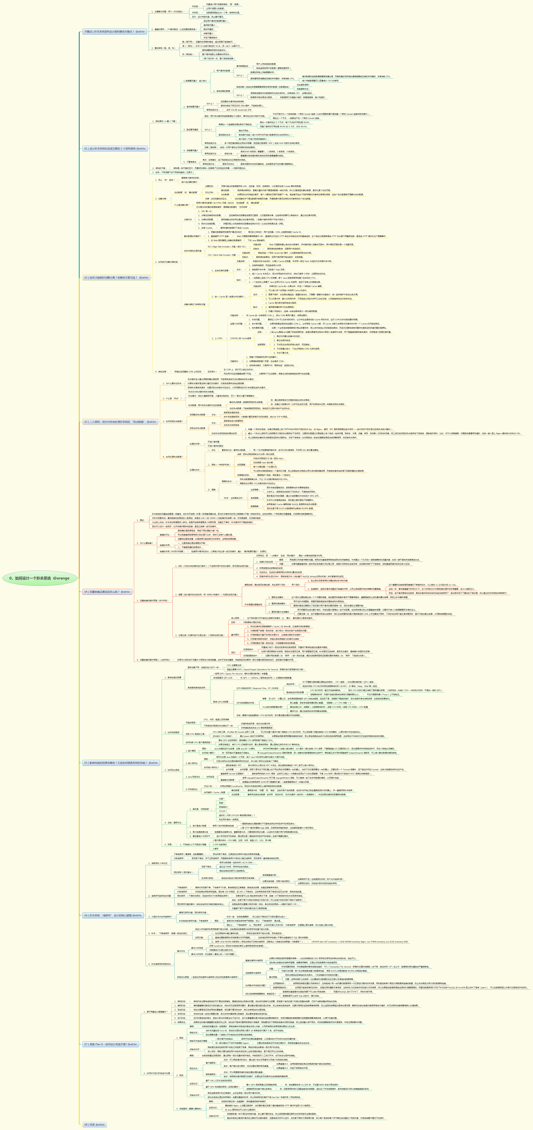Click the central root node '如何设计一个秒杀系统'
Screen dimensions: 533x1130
[39, 578]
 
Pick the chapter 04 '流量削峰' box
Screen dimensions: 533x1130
[107, 592]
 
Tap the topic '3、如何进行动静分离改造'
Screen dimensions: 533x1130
[167, 262]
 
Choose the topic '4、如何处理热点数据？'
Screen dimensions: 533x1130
[173, 457]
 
